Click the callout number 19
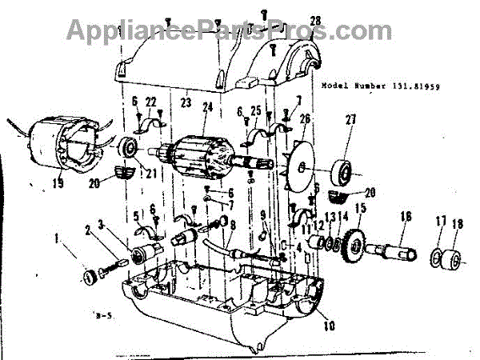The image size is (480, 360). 57,182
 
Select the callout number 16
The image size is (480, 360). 405,217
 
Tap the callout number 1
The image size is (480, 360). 57,237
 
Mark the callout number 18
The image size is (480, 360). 458,224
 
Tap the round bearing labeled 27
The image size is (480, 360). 342,172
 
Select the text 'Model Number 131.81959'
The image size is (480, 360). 382,85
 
